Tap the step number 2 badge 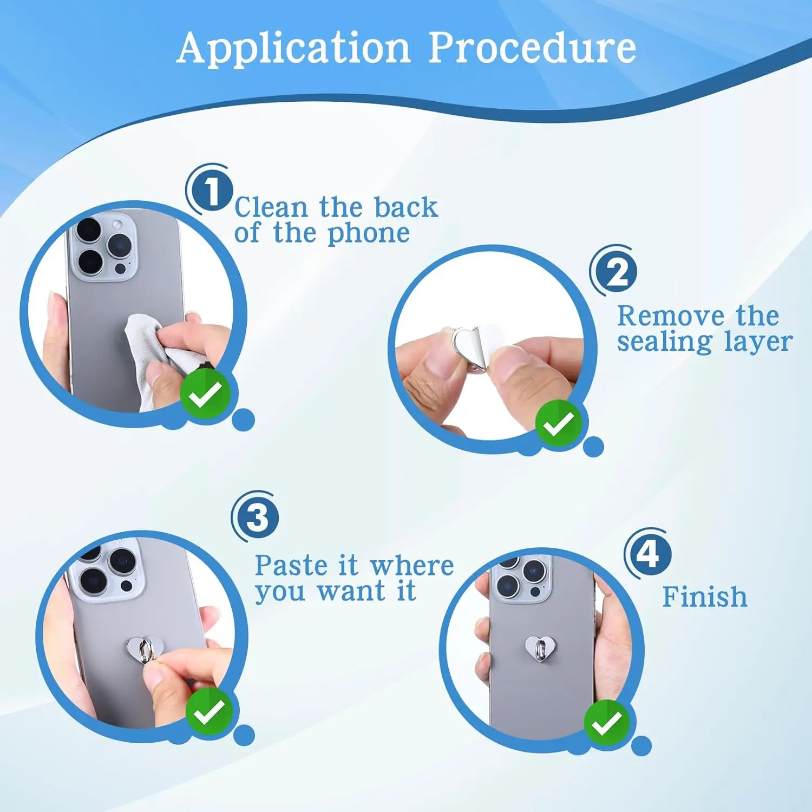[617, 272]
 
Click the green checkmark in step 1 [206, 394]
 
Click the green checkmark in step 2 [558, 424]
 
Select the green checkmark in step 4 [607, 723]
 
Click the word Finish [704, 597]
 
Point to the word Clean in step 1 [271, 207]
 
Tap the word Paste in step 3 [291, 566]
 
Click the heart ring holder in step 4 [540, 648]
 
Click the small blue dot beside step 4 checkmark [641, 746]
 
